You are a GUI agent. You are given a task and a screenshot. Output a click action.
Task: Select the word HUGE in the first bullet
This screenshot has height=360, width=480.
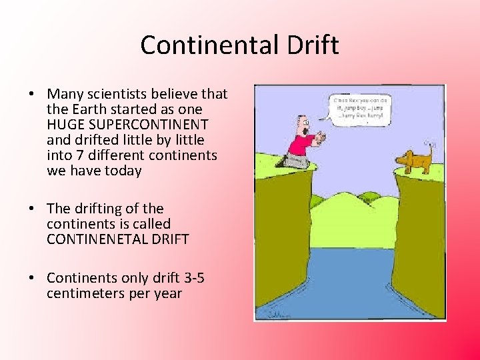pyautogui.click(x=64, y=125)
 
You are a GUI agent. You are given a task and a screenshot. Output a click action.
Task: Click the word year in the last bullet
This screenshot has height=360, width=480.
pyautogui.click(x=167, y=293)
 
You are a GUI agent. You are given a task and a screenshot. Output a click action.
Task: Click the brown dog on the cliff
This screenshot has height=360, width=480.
pyautogui.click(x=413, y=159)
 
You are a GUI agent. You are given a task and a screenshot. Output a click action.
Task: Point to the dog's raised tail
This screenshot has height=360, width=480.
pyautogui.click(x=430, y=147)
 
